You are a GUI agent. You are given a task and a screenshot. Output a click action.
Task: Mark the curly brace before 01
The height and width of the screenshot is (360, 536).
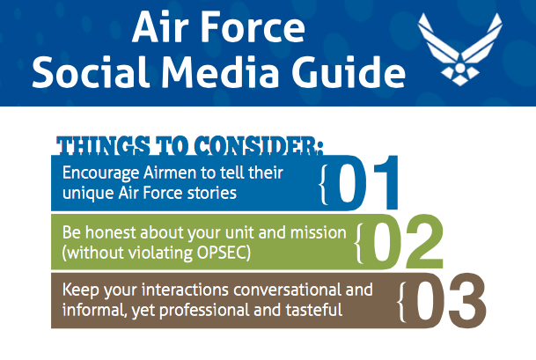(325, 182)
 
